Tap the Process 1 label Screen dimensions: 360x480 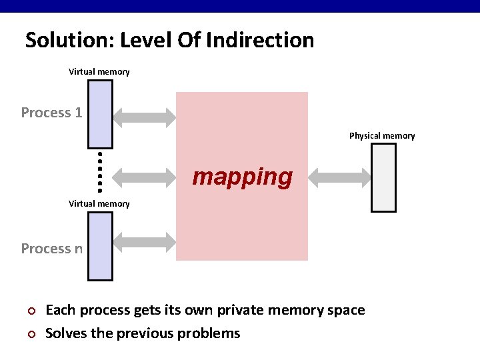(51, 113)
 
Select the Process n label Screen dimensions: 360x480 (51, 249)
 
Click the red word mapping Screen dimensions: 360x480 (242, 177)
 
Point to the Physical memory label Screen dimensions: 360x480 (382, 136)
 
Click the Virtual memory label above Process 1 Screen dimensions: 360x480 (99, 71)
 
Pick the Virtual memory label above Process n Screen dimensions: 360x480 (99, 203)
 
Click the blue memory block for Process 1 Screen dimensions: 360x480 (100, 113)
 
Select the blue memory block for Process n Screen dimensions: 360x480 (100, 246)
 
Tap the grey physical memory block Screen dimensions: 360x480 (383, 177)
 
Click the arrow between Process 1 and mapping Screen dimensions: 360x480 (144, 118)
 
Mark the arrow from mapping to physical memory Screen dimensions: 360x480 (340, 177)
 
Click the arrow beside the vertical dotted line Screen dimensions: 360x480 (144, 177)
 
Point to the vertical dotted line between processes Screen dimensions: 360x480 (99, 169)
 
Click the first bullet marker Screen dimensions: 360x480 (29, 311)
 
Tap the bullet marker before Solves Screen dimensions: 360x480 (29, 334)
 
